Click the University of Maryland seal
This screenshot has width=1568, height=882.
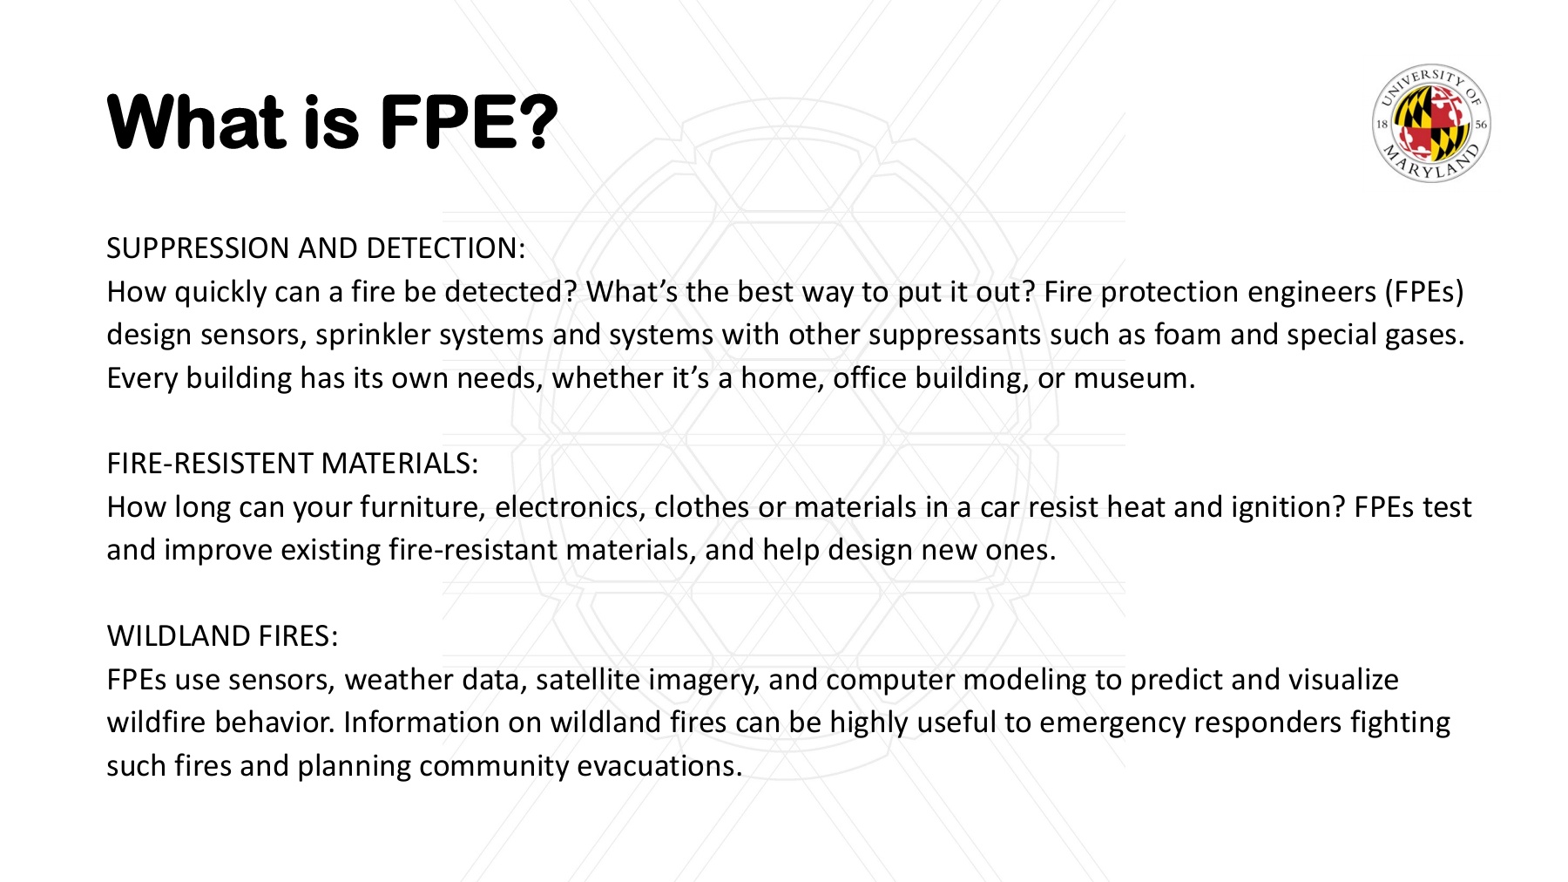pos(1431,124)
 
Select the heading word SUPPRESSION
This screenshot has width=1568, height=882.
pos(199,248)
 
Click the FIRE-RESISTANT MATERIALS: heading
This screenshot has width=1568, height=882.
pos(293,464)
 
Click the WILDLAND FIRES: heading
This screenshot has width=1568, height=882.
pos(222,636)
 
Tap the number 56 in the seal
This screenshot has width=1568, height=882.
pos(1481,125)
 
